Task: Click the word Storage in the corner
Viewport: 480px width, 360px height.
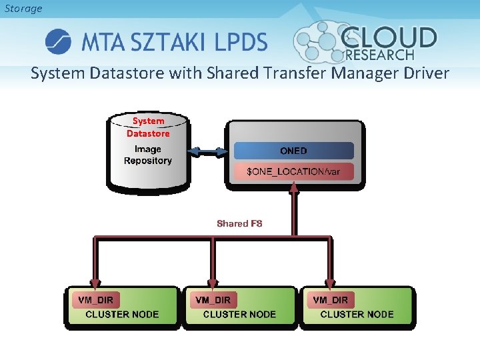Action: (x=23, y=9)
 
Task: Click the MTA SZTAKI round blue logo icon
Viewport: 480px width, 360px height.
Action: (x=58, y=41)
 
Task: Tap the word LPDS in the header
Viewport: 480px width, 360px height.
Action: (x=241, y=43)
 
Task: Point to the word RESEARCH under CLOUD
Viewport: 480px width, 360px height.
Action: (x=378, y=55)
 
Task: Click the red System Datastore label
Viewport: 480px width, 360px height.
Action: (x=148, y=127)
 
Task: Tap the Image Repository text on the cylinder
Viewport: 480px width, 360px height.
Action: (x=148, y=155)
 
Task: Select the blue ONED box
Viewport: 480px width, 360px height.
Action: (x=293, y=151)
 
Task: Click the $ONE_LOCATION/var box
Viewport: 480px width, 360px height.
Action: (x=293, y=171)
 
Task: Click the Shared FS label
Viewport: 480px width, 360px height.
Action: (x=239, y=223)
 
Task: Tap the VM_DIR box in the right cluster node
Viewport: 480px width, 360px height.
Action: (x=331, y=300)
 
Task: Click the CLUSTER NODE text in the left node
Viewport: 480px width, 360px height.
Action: (x=123, y=315)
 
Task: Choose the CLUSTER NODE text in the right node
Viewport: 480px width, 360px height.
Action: (x=357, y=315)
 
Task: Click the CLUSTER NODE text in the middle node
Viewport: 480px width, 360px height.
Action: (x=239, y=315)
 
